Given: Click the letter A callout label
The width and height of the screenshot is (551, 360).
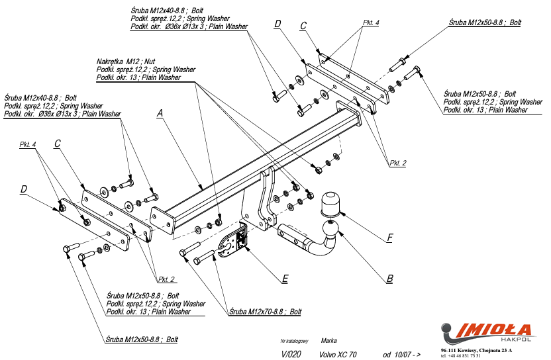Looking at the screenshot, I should tap(160, 114).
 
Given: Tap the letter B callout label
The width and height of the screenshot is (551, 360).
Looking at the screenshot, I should tap(390, 279).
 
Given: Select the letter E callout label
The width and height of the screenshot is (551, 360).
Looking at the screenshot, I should tap(284, 279).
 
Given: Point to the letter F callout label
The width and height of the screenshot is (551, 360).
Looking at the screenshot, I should tap(390, 237).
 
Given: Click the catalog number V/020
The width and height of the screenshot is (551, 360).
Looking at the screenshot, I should tap(291, 354).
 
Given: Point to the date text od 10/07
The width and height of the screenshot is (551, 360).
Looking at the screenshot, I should tap(401, 354).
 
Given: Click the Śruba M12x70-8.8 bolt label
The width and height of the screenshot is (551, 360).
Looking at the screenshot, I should tap(266, 310).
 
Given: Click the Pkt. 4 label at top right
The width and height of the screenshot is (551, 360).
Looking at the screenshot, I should tap(371, 22).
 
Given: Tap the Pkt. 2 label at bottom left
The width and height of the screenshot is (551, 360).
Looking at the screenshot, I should tap(167, 278).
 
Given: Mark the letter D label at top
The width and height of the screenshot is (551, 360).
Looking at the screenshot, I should tap(277, 24).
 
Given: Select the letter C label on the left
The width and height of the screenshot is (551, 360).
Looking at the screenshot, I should tap(58, 144).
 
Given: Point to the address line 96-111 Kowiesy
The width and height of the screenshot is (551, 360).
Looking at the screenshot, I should tap(481, 349).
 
